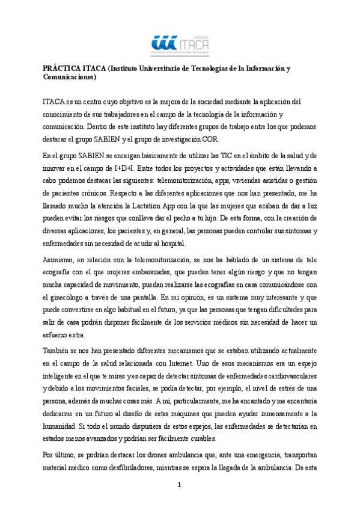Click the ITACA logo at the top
coord(180,42)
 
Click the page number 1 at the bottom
coord(180,486)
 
